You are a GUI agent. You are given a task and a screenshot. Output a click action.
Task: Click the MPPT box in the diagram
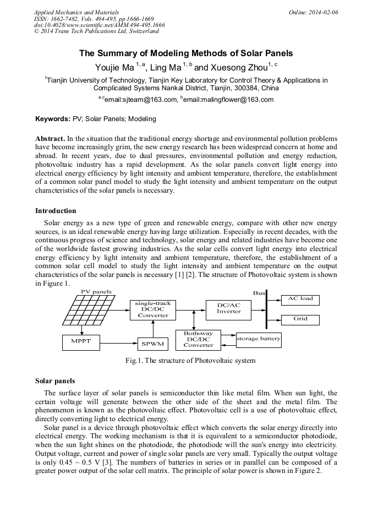tap(80, 342)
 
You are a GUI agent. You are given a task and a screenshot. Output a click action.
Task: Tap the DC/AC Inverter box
tap(228, 308)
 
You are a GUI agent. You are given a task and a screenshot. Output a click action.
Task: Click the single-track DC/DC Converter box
tap(153, 309)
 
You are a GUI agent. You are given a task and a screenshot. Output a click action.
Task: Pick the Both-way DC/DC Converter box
tap(198, 339)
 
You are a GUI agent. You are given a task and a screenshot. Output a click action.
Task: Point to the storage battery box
tap(258, 339)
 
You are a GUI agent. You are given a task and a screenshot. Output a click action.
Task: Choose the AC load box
tap(300, 299)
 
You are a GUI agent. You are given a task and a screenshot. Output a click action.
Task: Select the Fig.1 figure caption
tap(190, 361)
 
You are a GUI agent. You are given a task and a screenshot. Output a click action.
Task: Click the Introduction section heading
tap(56, 211)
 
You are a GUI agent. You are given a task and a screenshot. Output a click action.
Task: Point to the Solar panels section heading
tap(55, 381)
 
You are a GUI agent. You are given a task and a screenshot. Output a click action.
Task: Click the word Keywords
tap(52, 118)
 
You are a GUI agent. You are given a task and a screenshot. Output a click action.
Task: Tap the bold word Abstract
tap(51, 138)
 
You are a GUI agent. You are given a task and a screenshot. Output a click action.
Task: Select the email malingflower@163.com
tap(228, 100)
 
